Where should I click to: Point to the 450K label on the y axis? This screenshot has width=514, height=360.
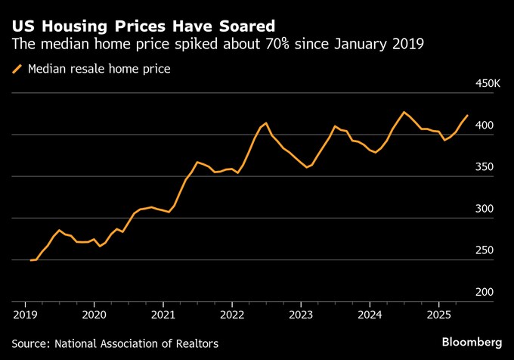pyautogui.click(x=486, y=83)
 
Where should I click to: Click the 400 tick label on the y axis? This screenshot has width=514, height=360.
pyautogui.click(x=491, y=125)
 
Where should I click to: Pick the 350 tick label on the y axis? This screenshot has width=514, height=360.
pyautogui.click(x=491, y=167)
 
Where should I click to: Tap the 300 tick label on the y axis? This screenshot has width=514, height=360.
pyautogui.click(x=491, y=209)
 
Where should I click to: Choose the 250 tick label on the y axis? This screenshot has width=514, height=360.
pyautogui.click(x=491, y=250)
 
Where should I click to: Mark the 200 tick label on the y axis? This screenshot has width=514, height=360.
pyautogui.click(x=491, y=292)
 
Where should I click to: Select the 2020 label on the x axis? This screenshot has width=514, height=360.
pyautogui.click(x=94, y=313)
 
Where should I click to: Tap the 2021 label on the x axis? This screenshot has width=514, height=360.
pyautogui.click(x=163, y=313)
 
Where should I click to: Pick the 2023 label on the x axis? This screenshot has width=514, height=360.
pyautogui.click(x=301, y=313)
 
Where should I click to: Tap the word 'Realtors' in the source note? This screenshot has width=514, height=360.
pyautogui.click(x=196, y=344)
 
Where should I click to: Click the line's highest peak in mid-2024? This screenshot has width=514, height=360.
pyautogui.click(x=404, y=112)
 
